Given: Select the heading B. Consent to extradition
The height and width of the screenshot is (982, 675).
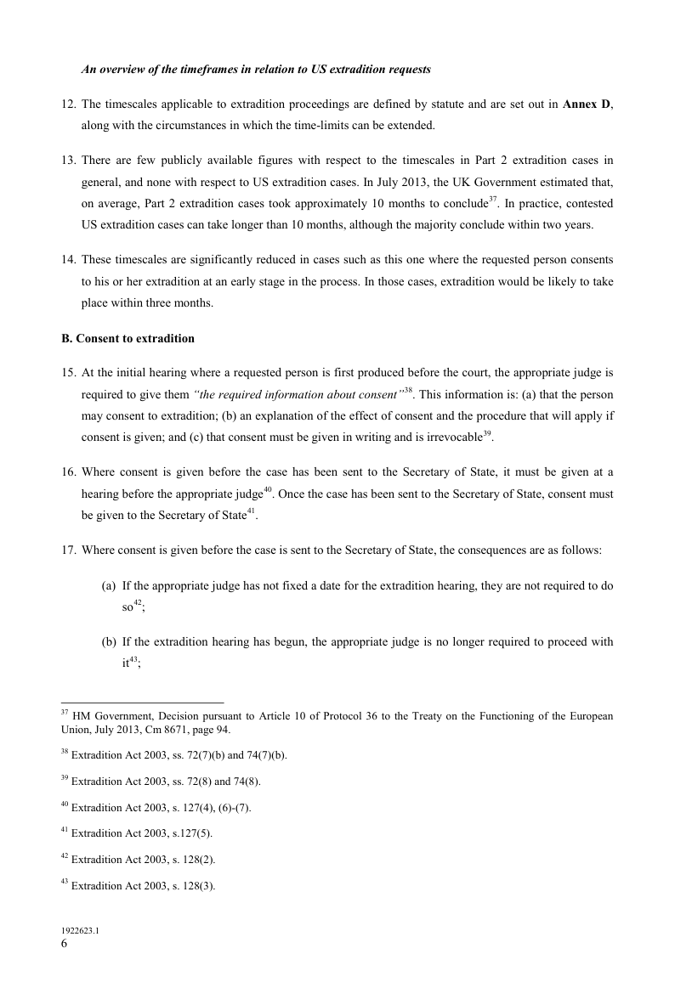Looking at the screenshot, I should [128, 338].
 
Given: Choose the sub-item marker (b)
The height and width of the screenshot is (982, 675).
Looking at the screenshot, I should [109, 642].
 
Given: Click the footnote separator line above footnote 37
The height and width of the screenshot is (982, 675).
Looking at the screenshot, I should [142, 703].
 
